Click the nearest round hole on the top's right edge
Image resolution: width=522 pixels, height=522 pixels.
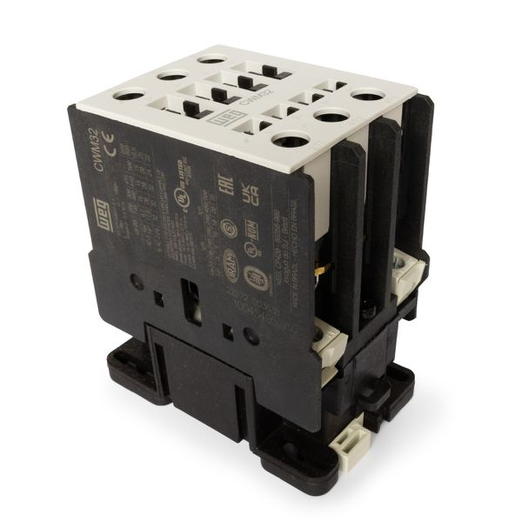(x=289, y=139)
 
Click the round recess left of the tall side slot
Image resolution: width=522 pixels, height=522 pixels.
(x=137, y=282)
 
